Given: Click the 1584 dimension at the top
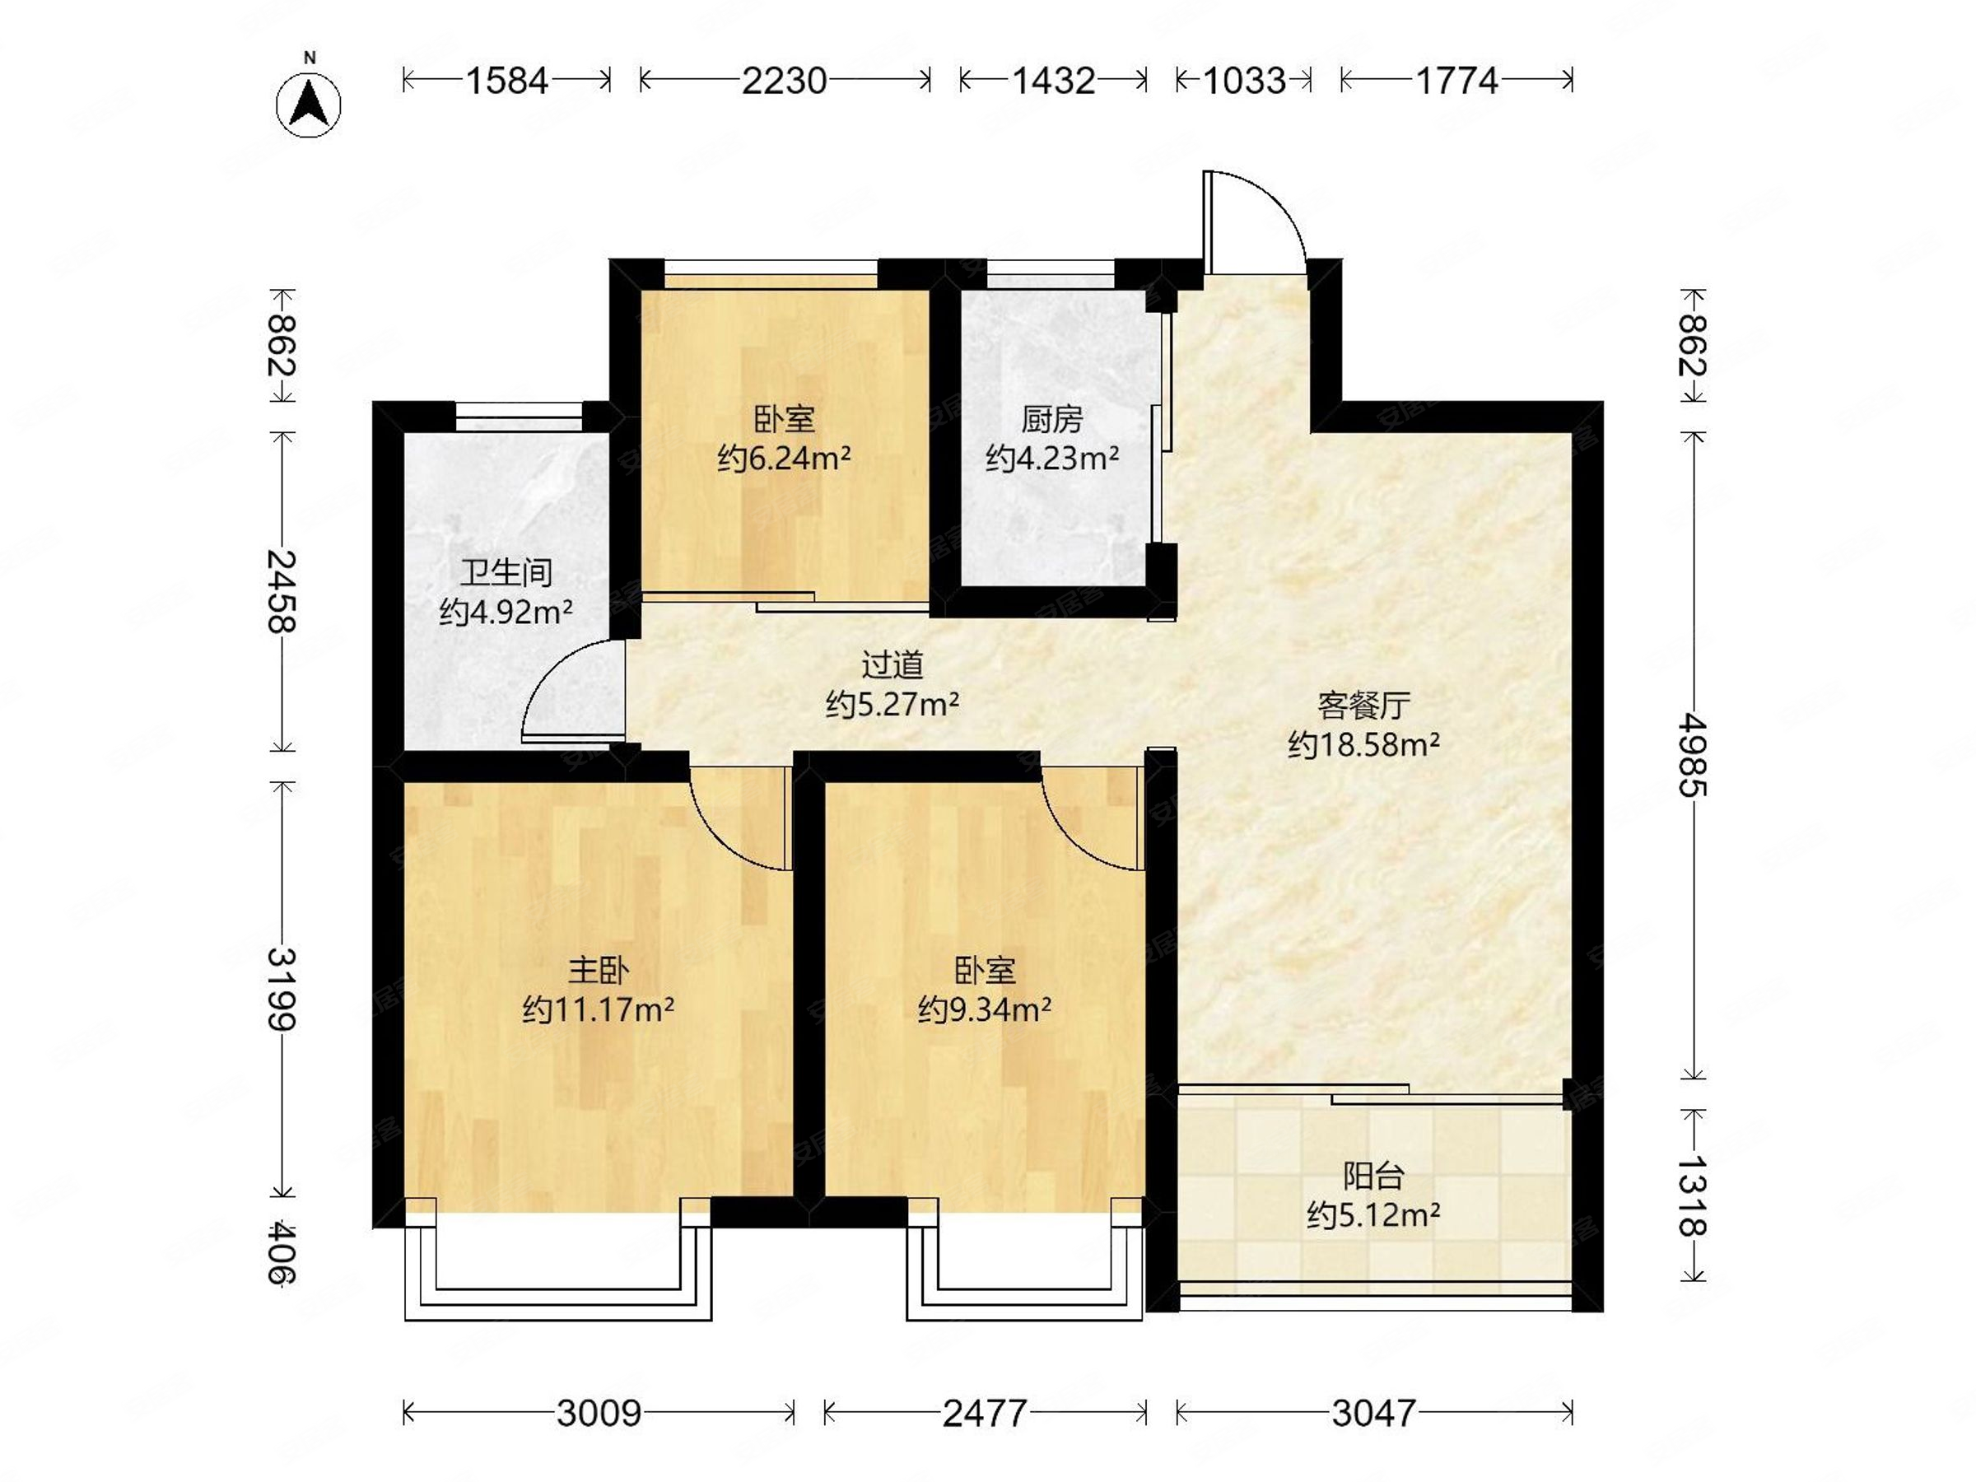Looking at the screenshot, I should click(x=506, y=82).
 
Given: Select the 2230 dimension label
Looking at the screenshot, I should click(x=785, y=82).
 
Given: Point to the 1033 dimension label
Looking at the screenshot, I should click(x=1243, y=82).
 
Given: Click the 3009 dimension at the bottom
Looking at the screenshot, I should click(x=599, y=1413).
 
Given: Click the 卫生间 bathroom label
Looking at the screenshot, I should click(x=506, y=571).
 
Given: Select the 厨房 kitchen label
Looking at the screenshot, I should click(x=1051, y=419).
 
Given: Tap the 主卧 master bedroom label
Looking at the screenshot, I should click(x=599, y=970).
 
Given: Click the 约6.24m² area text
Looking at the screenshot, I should click(x=784, y=459).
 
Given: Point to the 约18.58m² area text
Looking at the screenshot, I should click(x=1363, y=744).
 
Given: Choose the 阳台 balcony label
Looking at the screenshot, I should click(x=1373, y=1176).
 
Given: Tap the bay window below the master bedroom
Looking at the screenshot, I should click(x=558, y=1273).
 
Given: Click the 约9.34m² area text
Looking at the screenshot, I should click(x=984, y=1010).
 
